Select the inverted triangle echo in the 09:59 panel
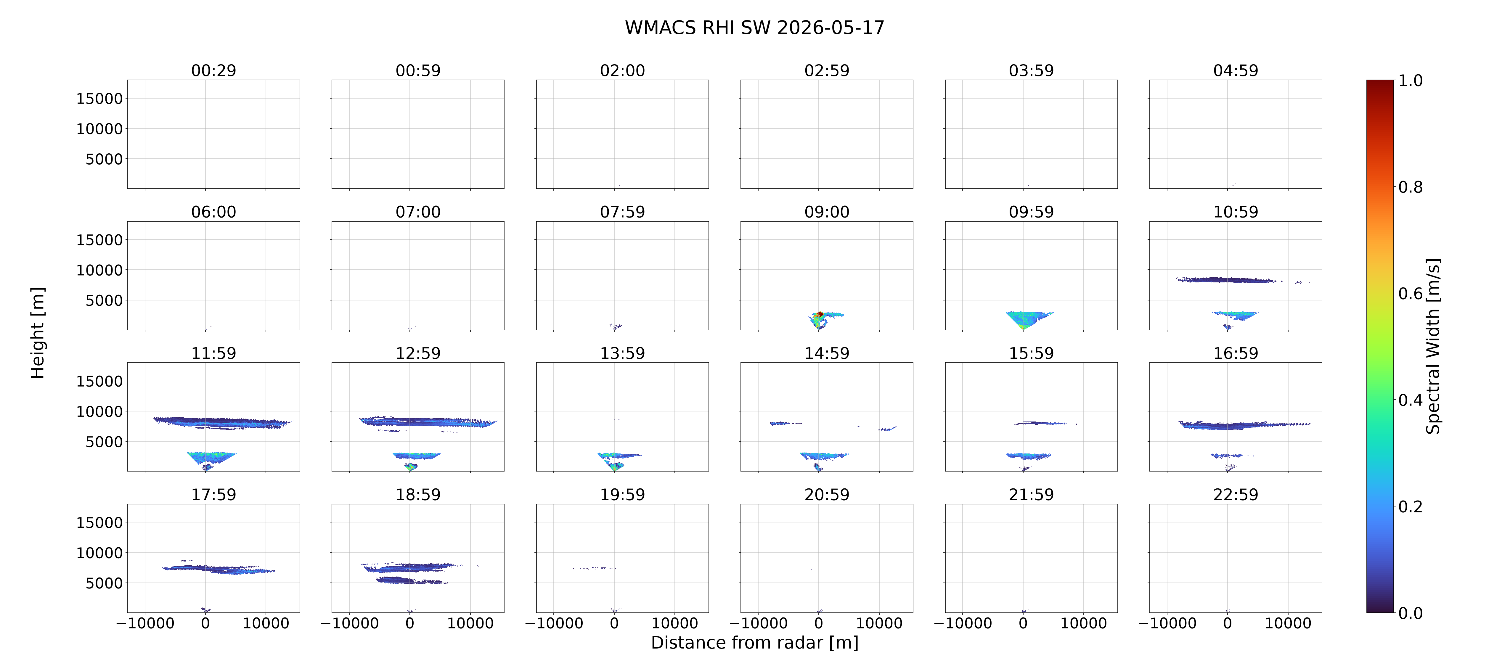[1029, 319]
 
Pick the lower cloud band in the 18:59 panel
[410, 580]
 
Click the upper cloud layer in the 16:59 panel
[1243, 425]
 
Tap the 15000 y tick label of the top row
[100, 99]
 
